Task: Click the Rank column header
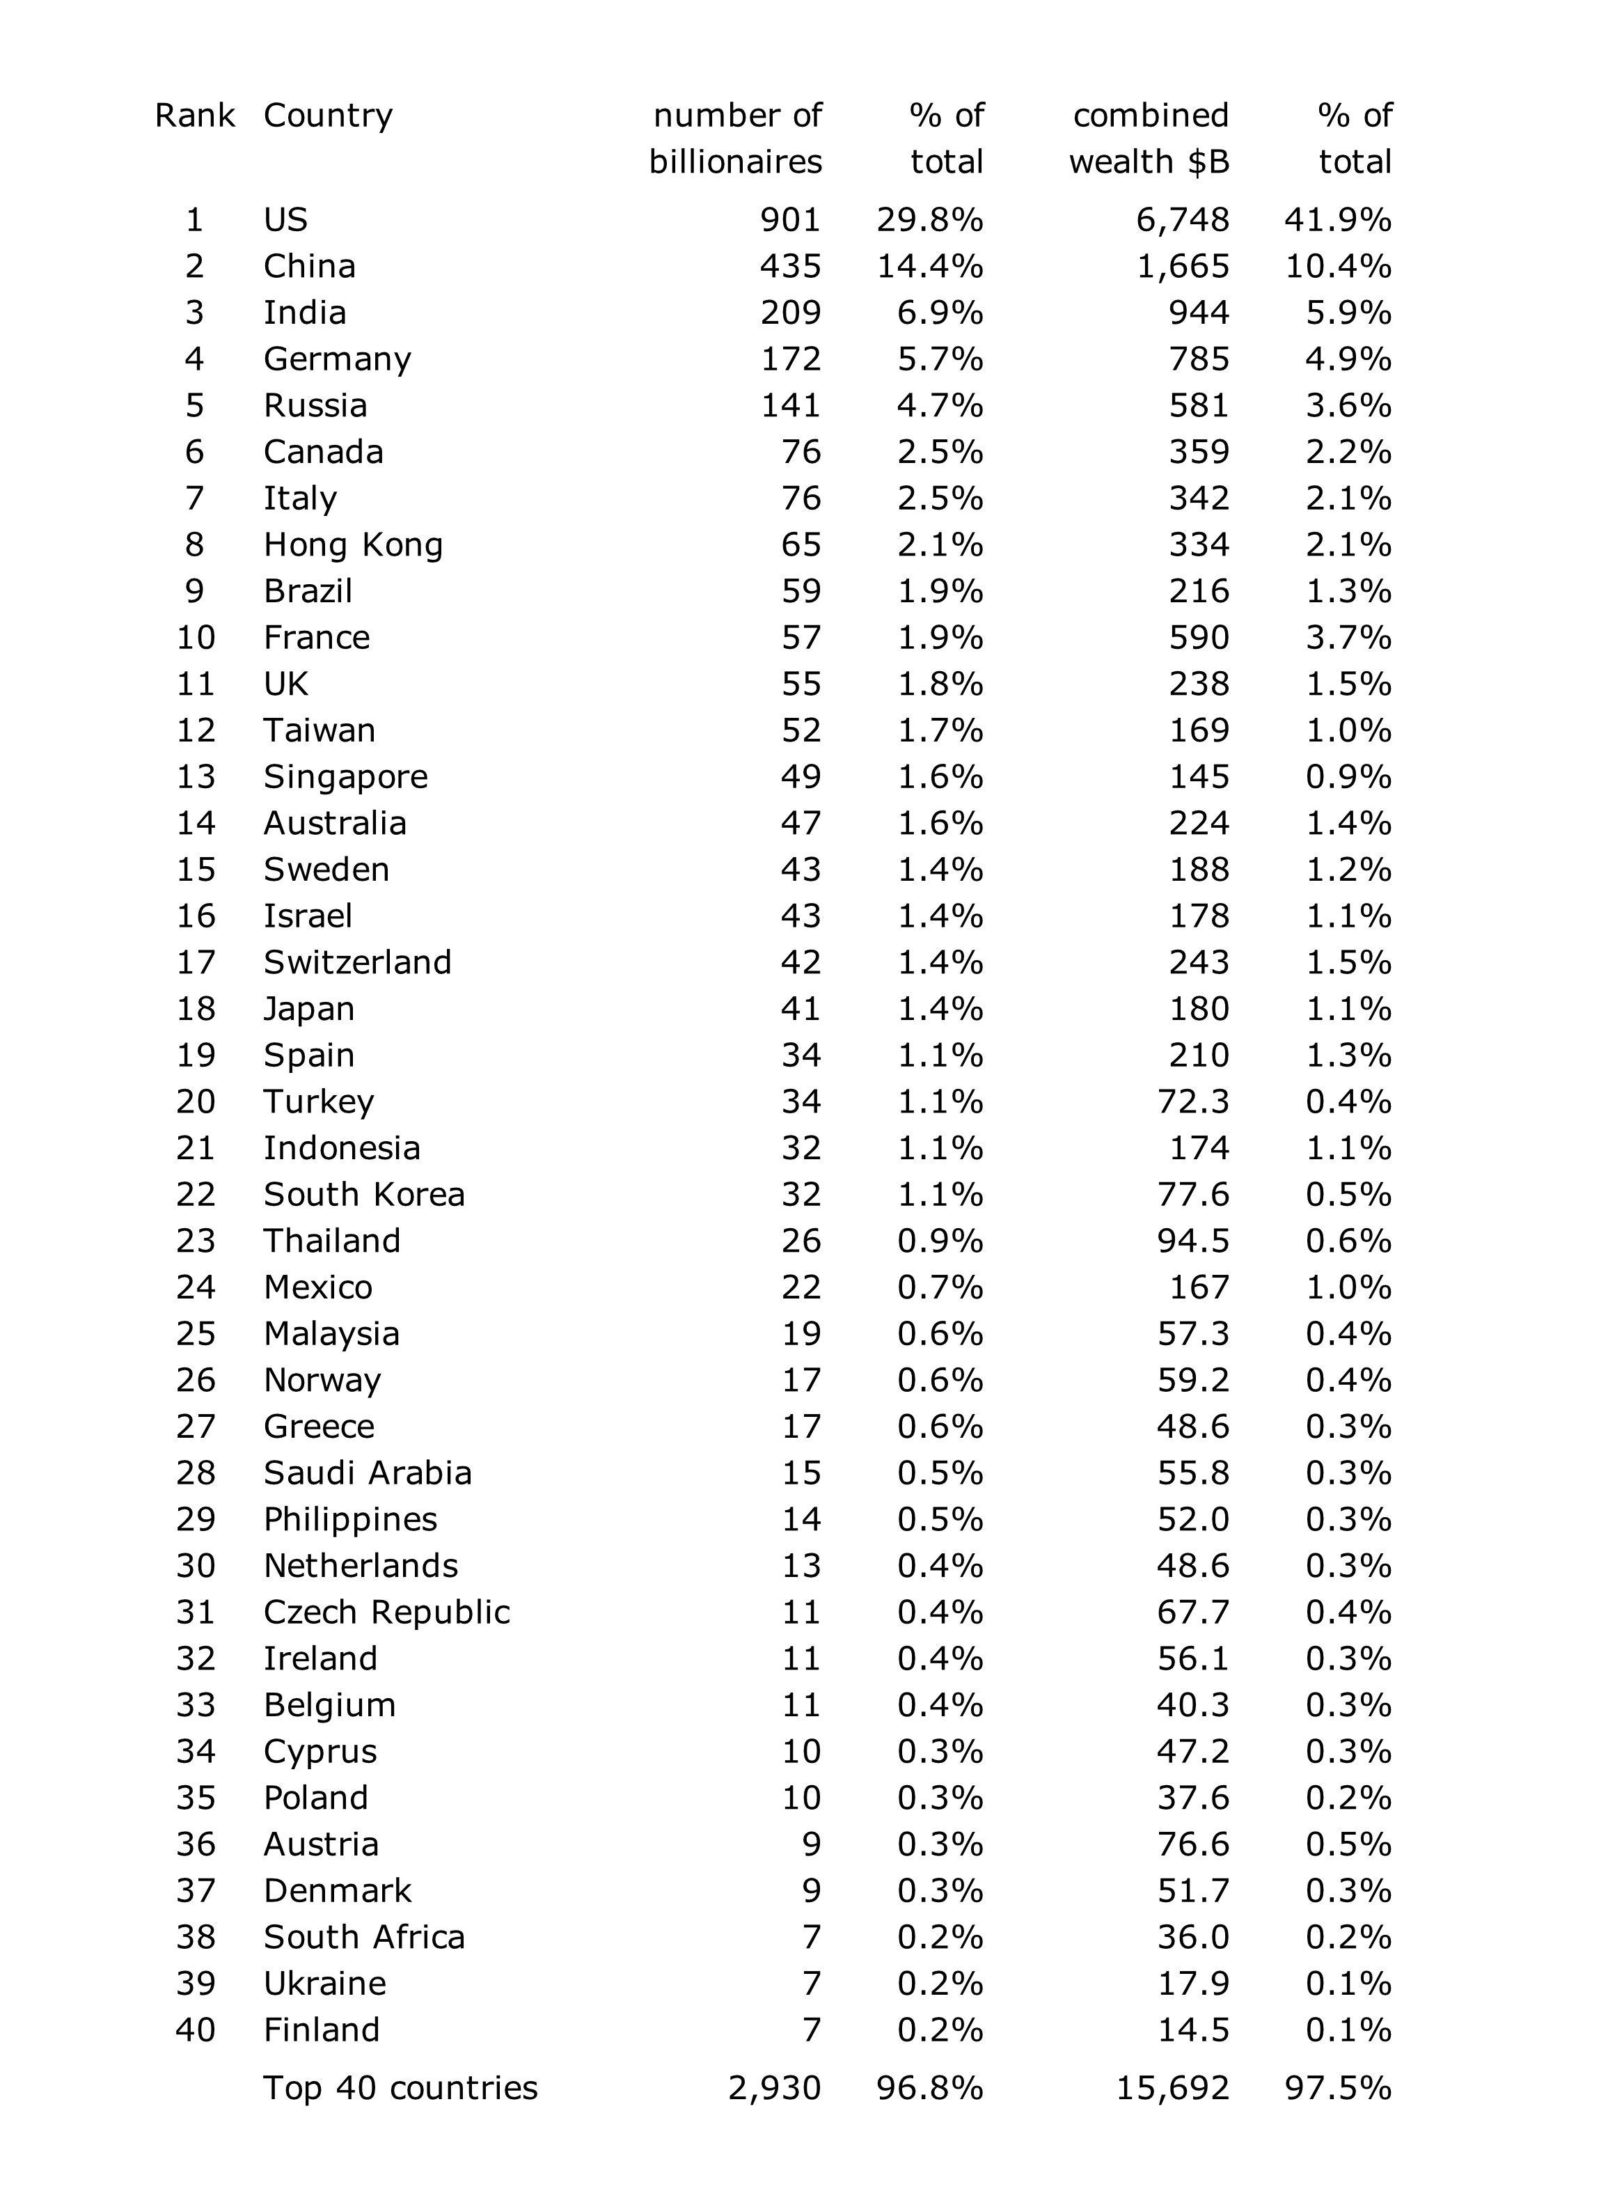tap(195, 116)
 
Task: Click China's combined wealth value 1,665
tap(1183, 267)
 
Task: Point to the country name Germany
tap(337, 359)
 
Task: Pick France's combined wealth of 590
tap(1199, 637)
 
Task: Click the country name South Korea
tap(364, 1195)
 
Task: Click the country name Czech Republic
tap(386, 1612)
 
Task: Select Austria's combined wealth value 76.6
tap(1192, 1844)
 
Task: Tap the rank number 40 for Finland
tap(196, 2030)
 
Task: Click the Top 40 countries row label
tap(400, 2088)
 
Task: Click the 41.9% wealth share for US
tap(1337, 219)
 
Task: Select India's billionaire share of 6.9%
tap(940, 313)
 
